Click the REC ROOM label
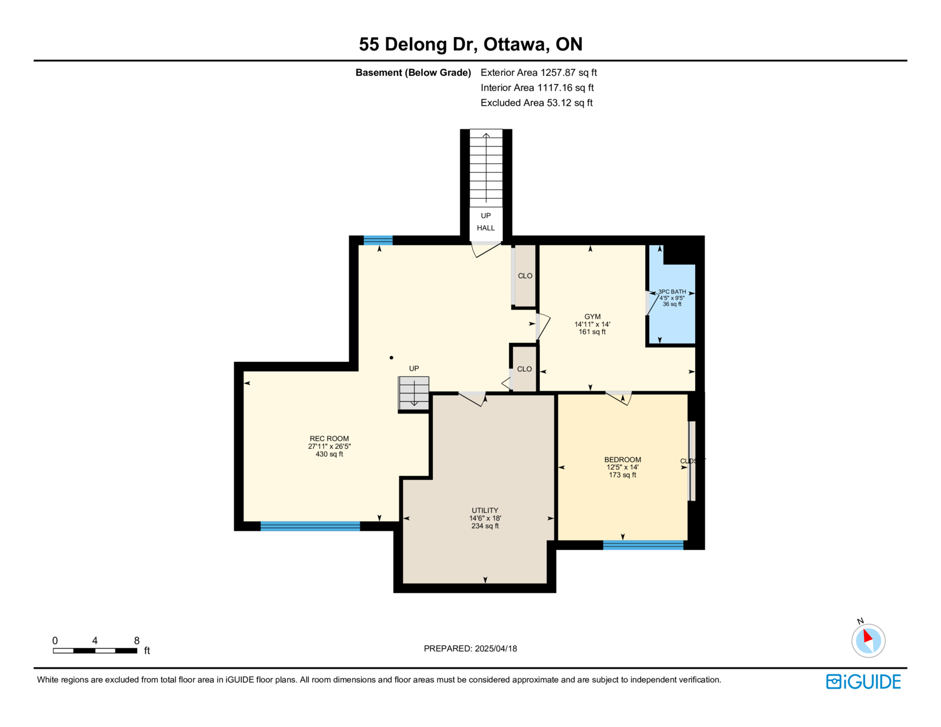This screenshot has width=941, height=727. [329, 439]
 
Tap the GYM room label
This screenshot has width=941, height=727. [592, 316]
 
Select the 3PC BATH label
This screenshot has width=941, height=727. [672, 292]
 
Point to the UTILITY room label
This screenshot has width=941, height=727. [485, 511]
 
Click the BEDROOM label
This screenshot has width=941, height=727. [622, 460]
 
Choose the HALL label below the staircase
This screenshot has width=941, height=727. [485, 228]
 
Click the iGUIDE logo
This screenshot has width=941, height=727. [863, 682]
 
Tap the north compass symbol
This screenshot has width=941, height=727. [868, 640]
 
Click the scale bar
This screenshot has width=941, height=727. [95, 651]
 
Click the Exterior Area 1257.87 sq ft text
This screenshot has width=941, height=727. [538, 73]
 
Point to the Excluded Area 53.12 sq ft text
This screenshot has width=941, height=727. [536, 103]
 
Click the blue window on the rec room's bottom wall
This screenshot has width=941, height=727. [310, 526]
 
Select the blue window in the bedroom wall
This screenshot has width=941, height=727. [643, 545]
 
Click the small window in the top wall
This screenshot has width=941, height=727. [378, 241]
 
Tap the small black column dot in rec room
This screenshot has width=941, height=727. [391, 358]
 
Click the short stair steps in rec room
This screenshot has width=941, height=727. [413, 393]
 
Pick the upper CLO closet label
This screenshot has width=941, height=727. [525, 276]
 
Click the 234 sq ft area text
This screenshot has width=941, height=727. [485, 526]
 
